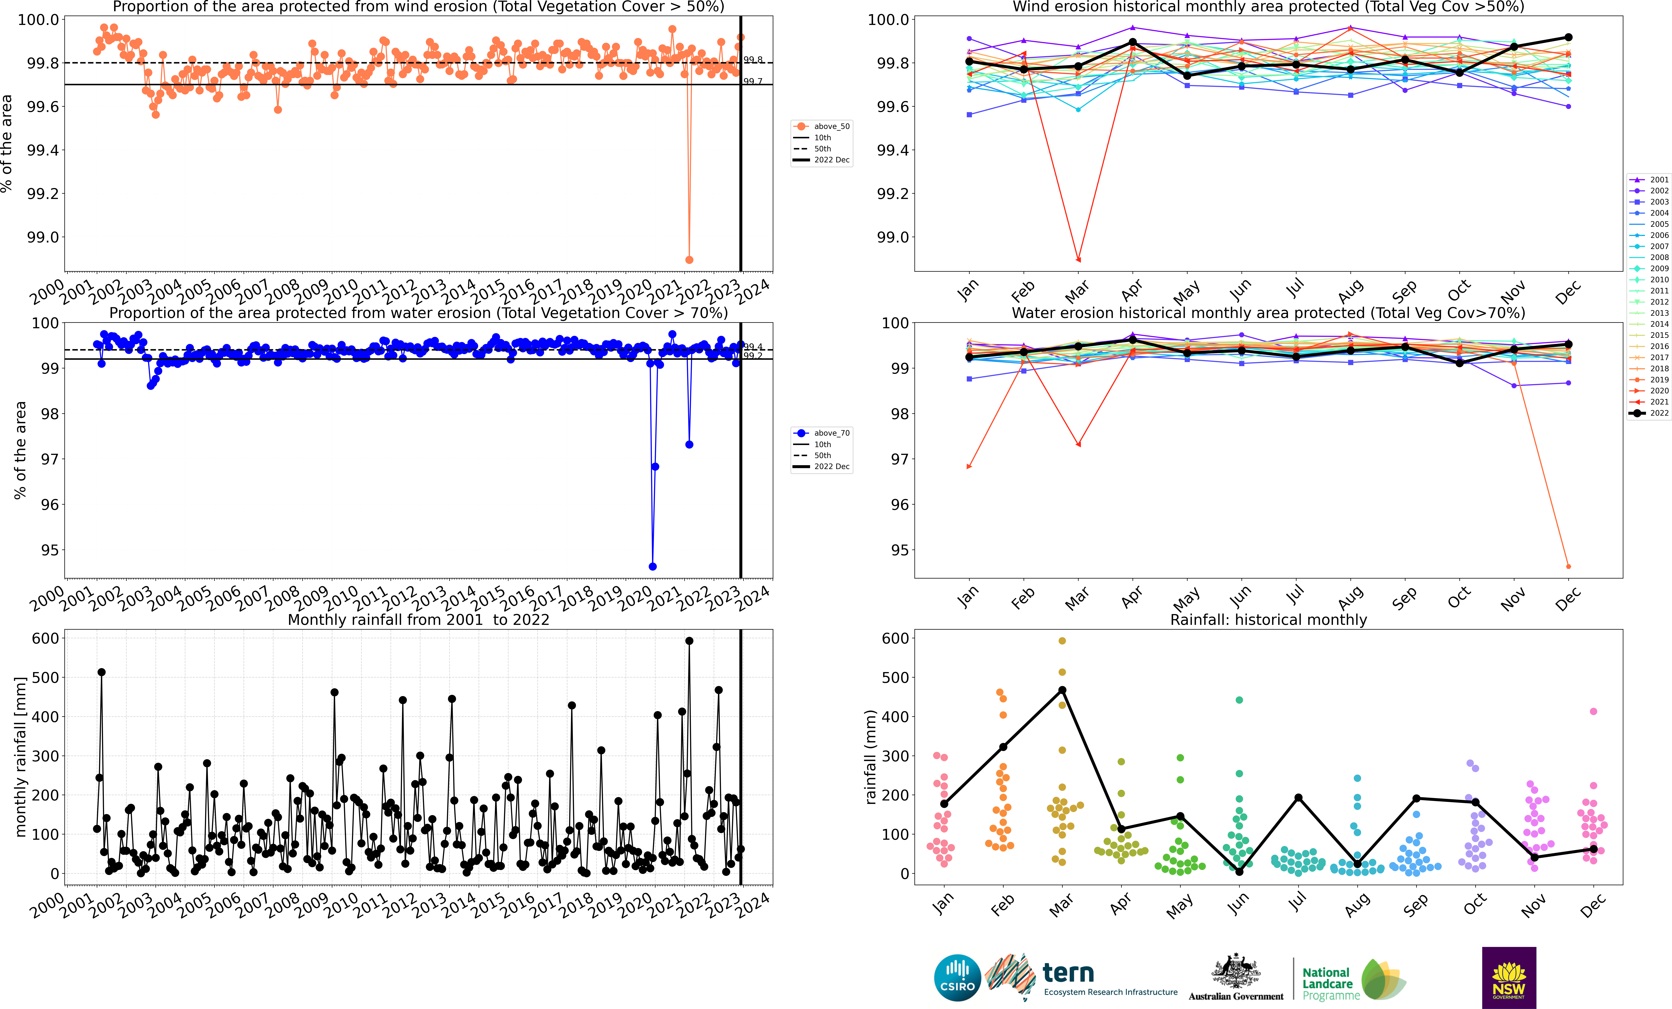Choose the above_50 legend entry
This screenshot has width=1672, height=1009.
[x=822, y=126]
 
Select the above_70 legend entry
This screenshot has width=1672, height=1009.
[x=822, y=433]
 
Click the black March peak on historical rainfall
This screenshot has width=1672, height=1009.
[x=1062, y=690]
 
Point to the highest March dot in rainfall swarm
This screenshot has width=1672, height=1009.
[x=1062, y=641]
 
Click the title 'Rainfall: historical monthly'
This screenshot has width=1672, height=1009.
[x=1268, y=620]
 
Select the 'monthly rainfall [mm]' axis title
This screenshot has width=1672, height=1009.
[x=20, y=757]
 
